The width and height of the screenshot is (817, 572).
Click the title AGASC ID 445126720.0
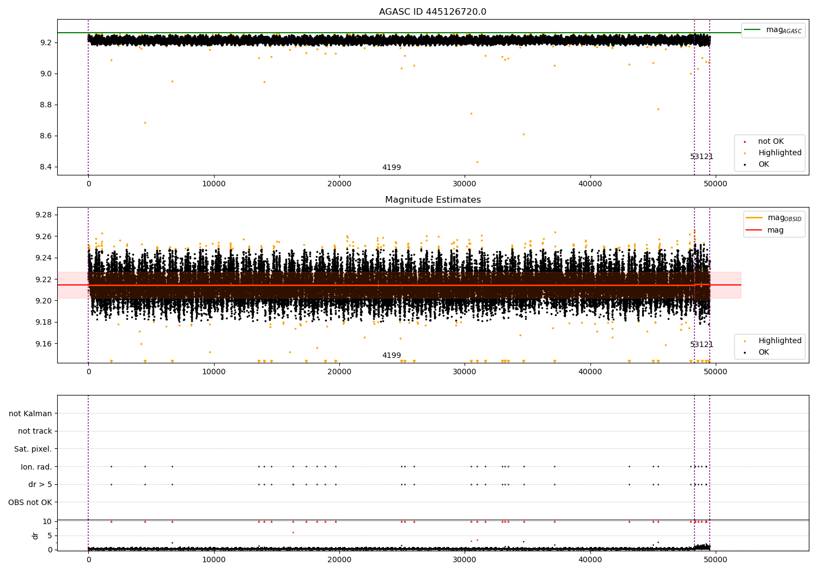point(432,11)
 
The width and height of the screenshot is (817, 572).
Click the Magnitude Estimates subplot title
point(433,199)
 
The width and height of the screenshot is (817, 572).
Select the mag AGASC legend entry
point(773,30)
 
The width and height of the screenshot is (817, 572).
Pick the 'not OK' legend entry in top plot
point(764,141)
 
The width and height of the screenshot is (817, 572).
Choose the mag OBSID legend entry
point(773,218)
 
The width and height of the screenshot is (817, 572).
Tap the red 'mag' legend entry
point(765,230)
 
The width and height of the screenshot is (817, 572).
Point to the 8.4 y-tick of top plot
point(46,167)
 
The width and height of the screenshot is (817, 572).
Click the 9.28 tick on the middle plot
point(44,215)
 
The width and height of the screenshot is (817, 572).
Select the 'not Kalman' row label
point(31,413)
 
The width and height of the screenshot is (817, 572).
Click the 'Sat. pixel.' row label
point(33,449)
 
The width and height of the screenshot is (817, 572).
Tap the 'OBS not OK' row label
point(30,502)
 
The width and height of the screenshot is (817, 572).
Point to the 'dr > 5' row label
point(40,484)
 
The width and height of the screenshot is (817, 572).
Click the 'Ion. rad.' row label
point(36,467)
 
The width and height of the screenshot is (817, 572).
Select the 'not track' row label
point(35,431)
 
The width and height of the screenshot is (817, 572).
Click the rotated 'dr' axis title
point(35,536)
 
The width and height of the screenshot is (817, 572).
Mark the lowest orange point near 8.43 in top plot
point(478,162)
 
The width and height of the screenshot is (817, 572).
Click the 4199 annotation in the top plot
point(392,167)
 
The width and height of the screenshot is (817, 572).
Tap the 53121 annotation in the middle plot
point(702,344)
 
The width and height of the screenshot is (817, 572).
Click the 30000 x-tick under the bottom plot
point(464,559)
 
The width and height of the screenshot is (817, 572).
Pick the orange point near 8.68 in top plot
point(145,123)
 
